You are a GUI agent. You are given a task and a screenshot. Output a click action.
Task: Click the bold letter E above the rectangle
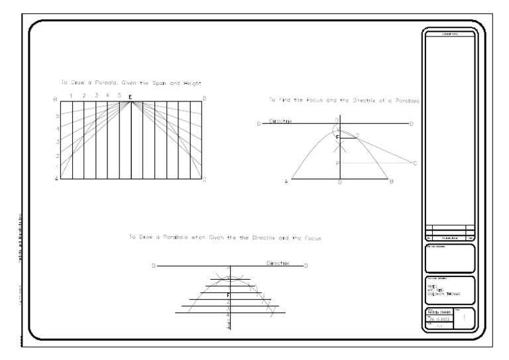(x=131, y=97)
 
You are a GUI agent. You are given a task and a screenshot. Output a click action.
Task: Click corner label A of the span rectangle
(x=56, y=179)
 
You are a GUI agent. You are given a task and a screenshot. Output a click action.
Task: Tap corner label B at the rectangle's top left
(x=56, y=99)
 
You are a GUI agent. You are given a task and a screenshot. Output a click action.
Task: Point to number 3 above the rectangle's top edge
(x=96, y=96)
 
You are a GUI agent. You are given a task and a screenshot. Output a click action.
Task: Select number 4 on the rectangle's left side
(x=58, y=128)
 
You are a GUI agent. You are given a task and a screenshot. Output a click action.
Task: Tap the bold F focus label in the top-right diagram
(x=337, y=137)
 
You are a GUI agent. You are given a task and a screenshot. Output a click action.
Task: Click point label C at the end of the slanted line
(x=414, y=163)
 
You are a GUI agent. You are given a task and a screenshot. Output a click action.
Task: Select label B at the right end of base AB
(x=392, y=181)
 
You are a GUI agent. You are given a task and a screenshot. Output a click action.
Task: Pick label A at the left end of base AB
(x=286, y=181)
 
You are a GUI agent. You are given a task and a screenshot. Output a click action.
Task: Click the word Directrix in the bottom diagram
(x=278, y=263)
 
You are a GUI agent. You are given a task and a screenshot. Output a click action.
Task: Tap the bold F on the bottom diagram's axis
(x=228, y=294)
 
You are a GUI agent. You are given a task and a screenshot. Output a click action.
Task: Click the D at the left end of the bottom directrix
(x=154, y=267)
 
